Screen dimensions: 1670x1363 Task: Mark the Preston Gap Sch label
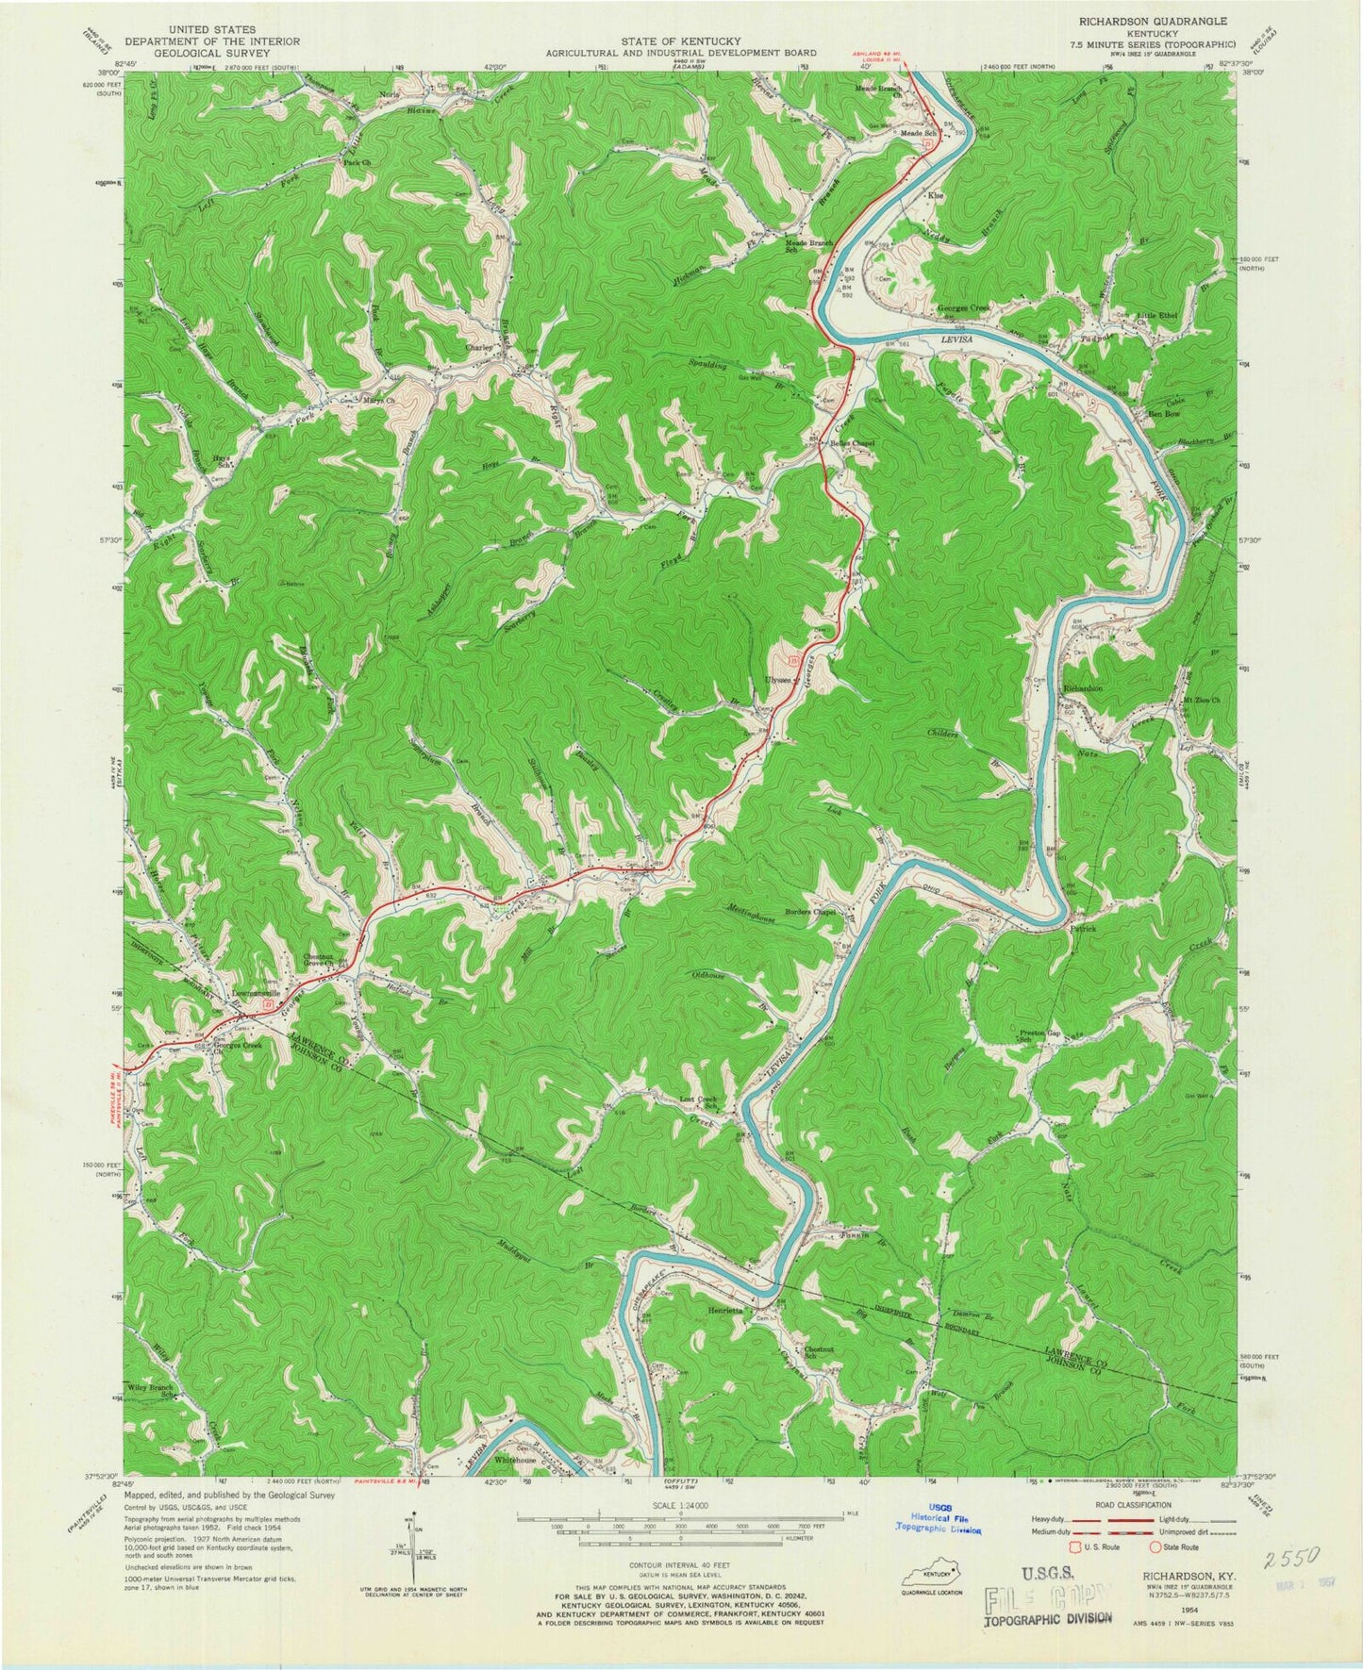(x=1040, y=1035)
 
